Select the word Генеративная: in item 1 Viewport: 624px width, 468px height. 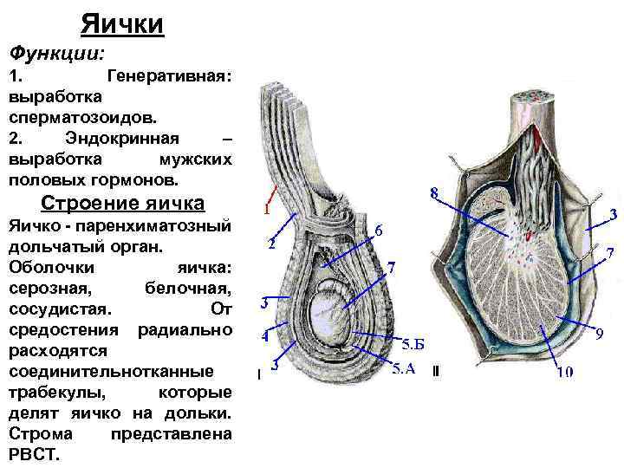pyautogui.click(x=168, y=77)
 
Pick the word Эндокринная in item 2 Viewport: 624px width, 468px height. pyautogui.click(x=122, y=140)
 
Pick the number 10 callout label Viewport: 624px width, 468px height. pyautogui.click(x=564, y=373)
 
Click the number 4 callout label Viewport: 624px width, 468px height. pyautogui.click(x=266, y=335)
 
